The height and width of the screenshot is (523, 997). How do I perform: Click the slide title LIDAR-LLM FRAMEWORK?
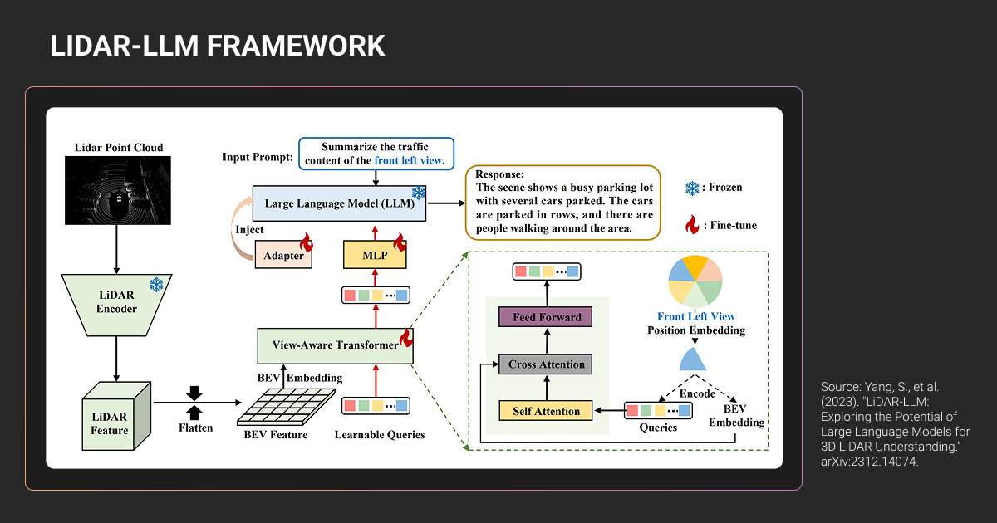[x=218, y=46]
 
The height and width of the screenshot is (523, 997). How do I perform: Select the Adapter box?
[x=284, y=255]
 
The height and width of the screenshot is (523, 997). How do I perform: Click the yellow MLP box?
[x=376, y=255]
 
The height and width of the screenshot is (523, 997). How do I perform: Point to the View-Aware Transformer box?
[x=335, y=345]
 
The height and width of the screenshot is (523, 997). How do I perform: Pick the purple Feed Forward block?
[x=546, y=317]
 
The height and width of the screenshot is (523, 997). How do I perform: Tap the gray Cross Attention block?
[x=546, y=364]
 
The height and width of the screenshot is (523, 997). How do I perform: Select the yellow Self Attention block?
[x=546, y=411]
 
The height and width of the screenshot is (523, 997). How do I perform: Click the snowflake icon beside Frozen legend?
[x=691, y=188]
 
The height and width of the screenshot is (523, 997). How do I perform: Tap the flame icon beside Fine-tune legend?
[x=691, y=223]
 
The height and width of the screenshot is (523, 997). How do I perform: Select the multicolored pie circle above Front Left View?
[x=695, y=281]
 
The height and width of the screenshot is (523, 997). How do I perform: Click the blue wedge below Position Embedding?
[x=695, y=359]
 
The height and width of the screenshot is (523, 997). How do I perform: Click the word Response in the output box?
[x=499, y=175]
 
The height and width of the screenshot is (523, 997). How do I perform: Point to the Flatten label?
[x=196, y=428]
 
